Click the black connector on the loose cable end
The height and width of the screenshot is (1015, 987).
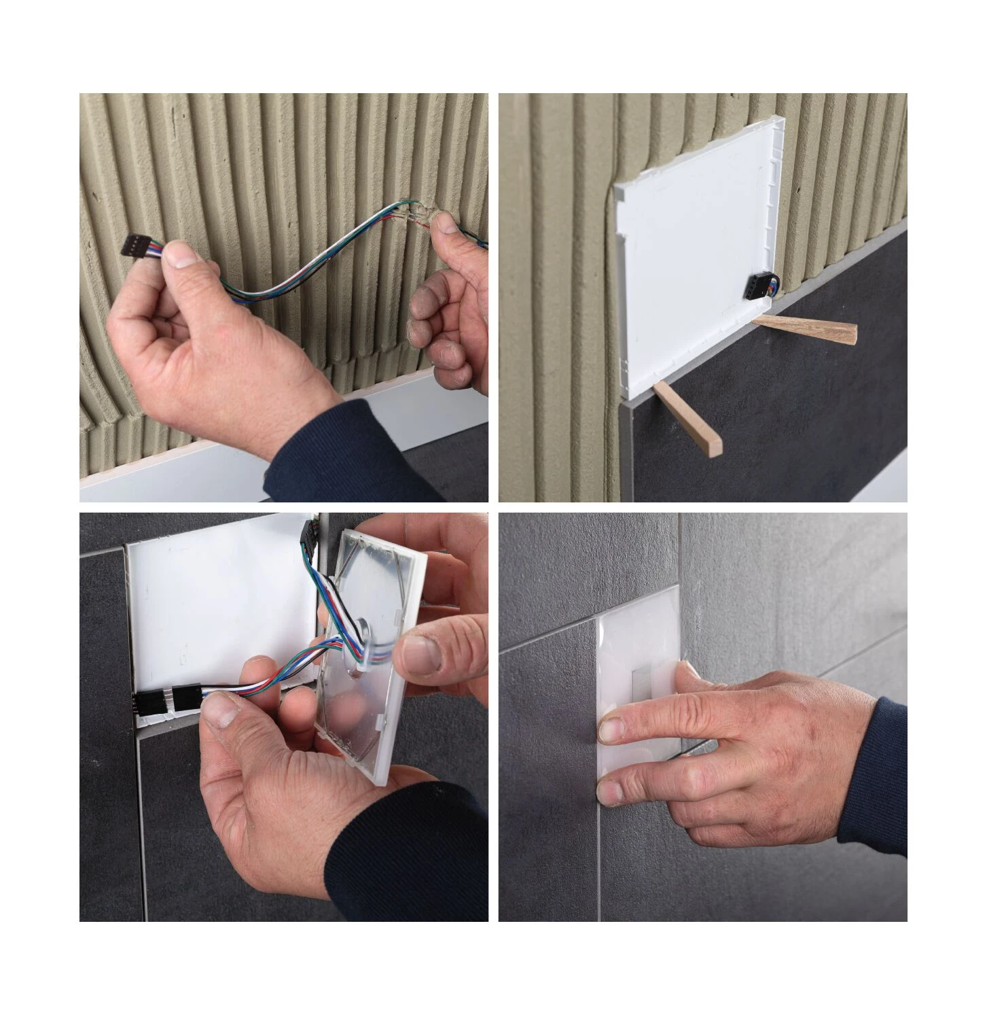(136, 246)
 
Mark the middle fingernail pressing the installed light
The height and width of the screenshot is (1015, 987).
(610, 791)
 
